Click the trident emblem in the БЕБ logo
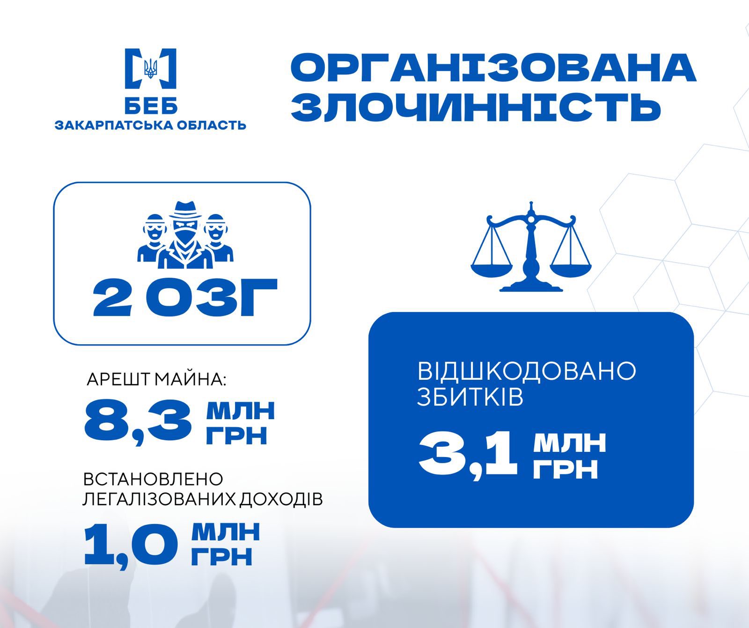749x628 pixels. (151, 68)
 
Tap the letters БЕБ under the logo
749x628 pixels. (151, 105)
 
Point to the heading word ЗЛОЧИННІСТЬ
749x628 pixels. (476, 107)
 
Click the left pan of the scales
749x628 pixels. (492, 268)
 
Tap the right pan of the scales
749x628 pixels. (570, 268)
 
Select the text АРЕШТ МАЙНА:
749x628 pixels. (156, 379)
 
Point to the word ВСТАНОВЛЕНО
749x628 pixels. (153, 479)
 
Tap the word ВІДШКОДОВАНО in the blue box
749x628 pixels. (527, 370)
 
